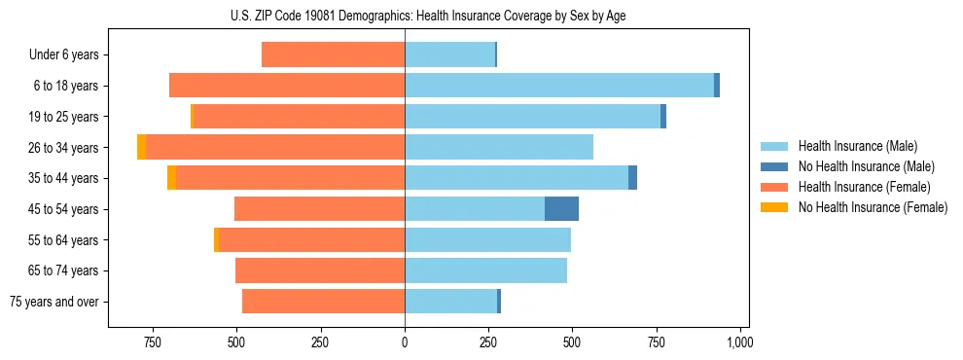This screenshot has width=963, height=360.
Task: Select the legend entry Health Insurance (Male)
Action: [x=853, y=147]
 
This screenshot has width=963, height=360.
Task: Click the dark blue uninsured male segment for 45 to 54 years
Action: [x=561, y=209]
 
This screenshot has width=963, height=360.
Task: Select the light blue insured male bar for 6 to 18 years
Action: [x=559, y=86]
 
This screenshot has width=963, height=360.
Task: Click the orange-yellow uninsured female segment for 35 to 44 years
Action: [x=172, y=178]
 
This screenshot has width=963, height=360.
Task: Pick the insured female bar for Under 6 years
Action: [x=333, y=55]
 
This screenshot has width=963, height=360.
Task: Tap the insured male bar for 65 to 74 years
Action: [x=485, y=270]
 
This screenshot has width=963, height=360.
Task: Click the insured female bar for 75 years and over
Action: [x=323, y=302]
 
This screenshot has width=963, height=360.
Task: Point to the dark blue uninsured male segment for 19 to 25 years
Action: [x=663, y=117]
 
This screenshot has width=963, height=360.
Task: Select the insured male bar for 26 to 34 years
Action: [x=499, y=147]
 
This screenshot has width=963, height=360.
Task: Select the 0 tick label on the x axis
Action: [x=405, y=342]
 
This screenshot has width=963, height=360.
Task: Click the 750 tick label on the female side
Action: [x=152, y=342]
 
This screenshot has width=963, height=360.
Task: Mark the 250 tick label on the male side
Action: [x=488, y=342]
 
